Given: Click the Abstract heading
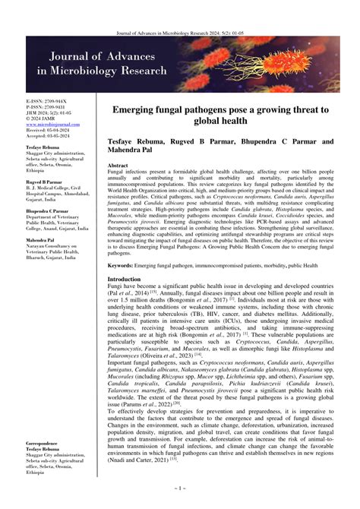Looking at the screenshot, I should [x=118, y=165].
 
